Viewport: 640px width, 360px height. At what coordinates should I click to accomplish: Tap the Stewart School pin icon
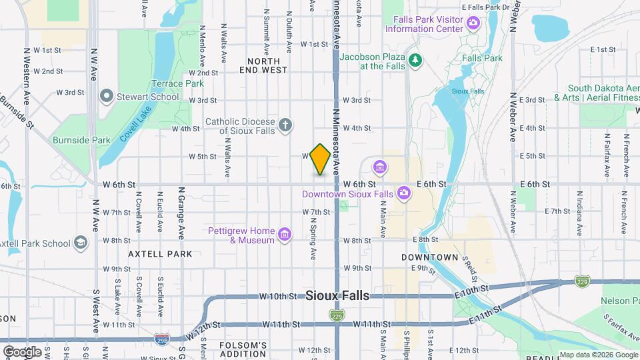pos(105,97)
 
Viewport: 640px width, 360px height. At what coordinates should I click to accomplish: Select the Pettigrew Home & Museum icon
pos(285,234)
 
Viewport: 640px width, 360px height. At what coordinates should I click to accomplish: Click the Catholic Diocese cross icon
pos(285,125)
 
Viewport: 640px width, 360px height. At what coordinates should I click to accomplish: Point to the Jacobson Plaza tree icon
pos(415,61)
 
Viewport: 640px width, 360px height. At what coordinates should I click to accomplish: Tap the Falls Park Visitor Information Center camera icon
pos(473,24)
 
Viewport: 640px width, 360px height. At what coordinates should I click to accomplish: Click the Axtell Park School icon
pos(81,241)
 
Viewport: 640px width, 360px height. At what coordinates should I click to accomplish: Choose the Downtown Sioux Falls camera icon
pos(403,193)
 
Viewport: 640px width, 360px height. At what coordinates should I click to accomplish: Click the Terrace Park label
pos(177,84)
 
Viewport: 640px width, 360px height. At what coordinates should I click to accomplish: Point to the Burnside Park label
pos(81,141)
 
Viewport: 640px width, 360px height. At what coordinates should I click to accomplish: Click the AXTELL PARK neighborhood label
pos(161,254)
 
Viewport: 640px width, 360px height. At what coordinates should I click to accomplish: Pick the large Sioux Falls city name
pos(337,296)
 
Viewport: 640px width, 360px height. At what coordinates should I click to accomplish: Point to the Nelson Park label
pos(619,301)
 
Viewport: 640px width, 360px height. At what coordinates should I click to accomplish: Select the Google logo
pos(23,351)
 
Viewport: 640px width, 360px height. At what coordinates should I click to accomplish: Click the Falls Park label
pos(482,58)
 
